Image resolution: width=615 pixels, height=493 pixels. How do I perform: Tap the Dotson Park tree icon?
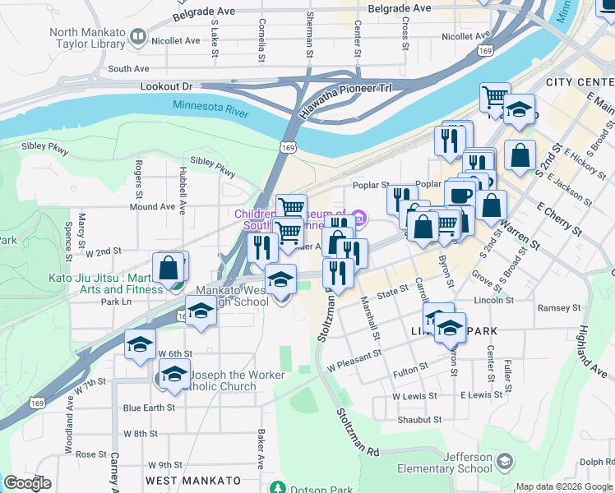279,487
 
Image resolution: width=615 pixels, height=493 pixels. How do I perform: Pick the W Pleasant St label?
354,356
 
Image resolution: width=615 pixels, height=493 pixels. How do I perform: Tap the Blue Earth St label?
149,407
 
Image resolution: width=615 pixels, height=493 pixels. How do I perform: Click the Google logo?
28,483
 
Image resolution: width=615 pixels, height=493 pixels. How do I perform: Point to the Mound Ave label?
152,207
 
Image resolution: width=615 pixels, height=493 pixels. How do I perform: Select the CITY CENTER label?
580,83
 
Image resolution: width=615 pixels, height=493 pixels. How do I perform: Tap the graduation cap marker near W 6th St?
141,343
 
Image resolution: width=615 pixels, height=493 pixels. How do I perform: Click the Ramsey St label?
558,308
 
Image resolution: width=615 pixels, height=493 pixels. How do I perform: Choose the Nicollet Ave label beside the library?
176,40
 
